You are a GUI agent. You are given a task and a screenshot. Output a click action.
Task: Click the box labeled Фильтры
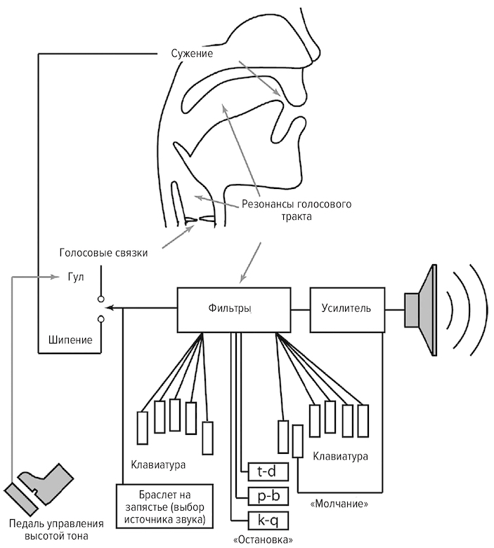[231, 308]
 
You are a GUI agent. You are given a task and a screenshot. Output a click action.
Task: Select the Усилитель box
[346, 308]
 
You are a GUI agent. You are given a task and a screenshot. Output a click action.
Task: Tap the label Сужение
[192, 53]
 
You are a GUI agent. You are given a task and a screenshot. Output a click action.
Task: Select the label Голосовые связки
[103, 253]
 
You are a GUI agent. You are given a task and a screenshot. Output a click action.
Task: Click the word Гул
[76, 276]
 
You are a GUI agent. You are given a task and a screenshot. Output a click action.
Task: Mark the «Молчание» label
[339, 504]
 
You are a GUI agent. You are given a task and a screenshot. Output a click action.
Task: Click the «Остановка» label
[261, 539]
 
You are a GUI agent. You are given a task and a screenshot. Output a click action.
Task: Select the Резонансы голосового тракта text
[297, 210]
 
